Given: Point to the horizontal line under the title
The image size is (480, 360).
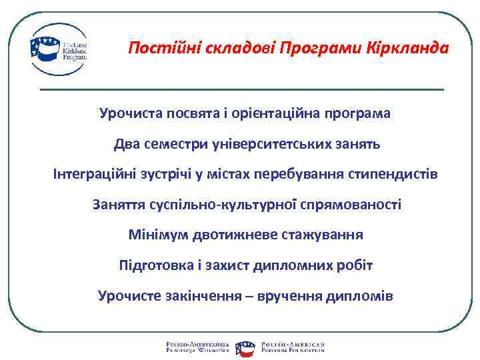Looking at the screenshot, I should pos(241,89).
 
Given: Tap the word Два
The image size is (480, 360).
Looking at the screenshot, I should pos(126,144).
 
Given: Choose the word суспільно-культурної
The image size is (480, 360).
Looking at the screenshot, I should pos(222,205).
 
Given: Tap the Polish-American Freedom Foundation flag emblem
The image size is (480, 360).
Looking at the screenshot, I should pos(245,346).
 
